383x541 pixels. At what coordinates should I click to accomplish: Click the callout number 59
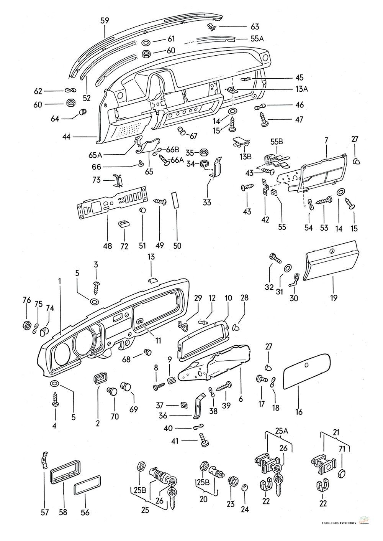tap(105, 21)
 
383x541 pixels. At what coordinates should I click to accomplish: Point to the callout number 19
tap(333, 298)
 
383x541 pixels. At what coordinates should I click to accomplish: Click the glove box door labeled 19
tap(331, 265)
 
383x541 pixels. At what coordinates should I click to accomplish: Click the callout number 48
tap(108, 246)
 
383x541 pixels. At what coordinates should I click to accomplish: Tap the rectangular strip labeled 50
tap(177, 200)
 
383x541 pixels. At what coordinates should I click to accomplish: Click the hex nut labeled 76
tap(27, 325)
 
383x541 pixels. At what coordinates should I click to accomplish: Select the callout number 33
tap(207, 202)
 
